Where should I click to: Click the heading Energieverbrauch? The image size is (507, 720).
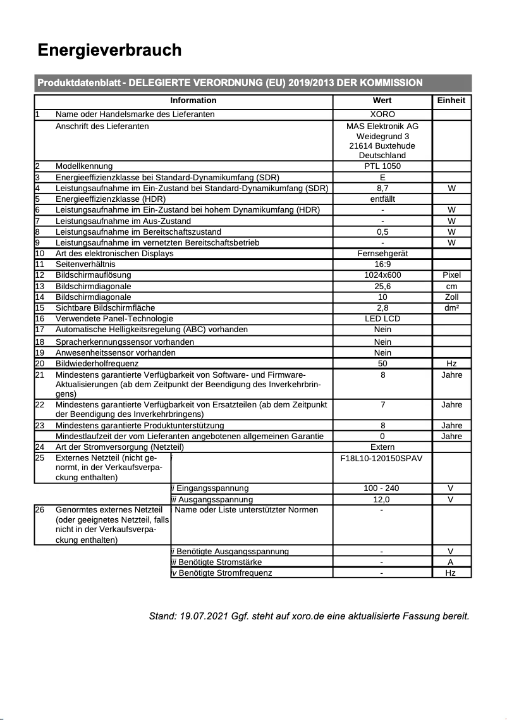pyautogui.click(x=109, y=50)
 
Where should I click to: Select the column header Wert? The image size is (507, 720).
pyautogui.click(x=382, y=100)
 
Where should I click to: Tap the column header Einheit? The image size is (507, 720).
pyautogui.click(x=451, y=100)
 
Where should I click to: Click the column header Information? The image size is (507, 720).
pyautogui.click(x=193, y=100)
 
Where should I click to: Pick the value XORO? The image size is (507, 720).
pyautogui.click(x=382, y=115)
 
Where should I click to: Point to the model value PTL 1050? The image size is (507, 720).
pyautogui.click(x=382, y=166)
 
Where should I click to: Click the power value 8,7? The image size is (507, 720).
pyautogui.click(x=382, y=188)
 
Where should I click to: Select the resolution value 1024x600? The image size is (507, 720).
pyautogui.click(x=382, y=275)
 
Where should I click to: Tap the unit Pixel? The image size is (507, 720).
pyautogui.click(x=451, y=275)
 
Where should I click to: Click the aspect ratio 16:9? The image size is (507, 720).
pyautogui.click(x=382, y=264)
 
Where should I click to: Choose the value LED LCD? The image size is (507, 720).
pyautogui.click(x=382, y=318)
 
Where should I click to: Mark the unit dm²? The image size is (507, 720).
pyautogui.click(x=451, y=307)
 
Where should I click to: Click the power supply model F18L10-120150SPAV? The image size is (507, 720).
pyautogui.click(x=382, y=458)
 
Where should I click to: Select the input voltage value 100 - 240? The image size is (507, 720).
pyautogui.click(x=382, y=488)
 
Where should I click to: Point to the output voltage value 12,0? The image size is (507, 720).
pyautogui.click(x=382, y=499)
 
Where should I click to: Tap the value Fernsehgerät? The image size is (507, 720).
pyautogui.click(x=382, y=253)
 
